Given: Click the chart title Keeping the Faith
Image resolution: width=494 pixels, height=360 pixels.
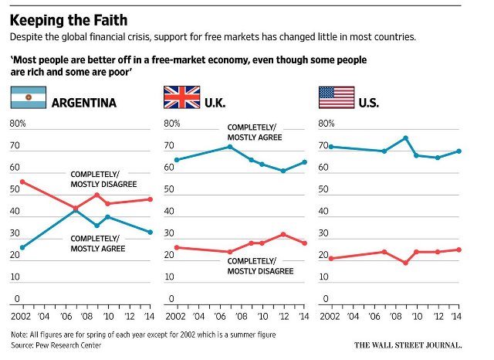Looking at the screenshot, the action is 69,21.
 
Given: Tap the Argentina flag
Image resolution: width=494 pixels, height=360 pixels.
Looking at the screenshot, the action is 29,97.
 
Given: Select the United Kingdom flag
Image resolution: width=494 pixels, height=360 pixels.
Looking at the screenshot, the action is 182,97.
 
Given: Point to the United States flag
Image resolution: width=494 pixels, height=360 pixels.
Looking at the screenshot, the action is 337,97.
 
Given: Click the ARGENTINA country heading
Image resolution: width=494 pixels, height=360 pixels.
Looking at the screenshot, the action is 84,103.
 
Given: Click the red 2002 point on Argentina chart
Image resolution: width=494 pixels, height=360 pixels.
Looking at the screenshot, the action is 22,182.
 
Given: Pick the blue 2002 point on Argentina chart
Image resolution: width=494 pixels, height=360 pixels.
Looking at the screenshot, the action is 22,247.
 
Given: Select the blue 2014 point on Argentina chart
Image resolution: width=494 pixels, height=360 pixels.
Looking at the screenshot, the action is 151,232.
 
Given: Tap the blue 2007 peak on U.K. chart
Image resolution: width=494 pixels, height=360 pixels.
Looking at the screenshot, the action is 230,147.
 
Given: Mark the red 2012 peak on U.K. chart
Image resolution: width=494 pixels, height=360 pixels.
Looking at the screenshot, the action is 283,234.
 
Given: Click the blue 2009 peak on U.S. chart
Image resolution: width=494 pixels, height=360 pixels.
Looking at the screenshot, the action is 406,138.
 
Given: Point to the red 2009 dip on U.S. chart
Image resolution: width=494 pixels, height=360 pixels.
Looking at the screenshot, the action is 406,263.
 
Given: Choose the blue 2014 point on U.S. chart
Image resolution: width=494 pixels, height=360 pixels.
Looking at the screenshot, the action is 459,151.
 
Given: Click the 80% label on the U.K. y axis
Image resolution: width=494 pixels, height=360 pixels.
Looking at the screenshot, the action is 172,124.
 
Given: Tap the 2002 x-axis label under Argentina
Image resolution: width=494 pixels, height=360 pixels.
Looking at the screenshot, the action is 21,316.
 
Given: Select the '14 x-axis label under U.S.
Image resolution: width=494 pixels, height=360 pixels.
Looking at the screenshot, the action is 456,316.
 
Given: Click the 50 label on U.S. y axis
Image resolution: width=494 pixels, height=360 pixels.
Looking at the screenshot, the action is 323,189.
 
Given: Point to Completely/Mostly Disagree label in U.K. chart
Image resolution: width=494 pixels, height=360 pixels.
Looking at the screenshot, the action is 261,266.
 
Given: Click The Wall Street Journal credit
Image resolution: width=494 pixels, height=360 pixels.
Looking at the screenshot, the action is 408,345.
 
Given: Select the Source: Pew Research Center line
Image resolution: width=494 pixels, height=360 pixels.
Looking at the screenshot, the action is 56,345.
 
